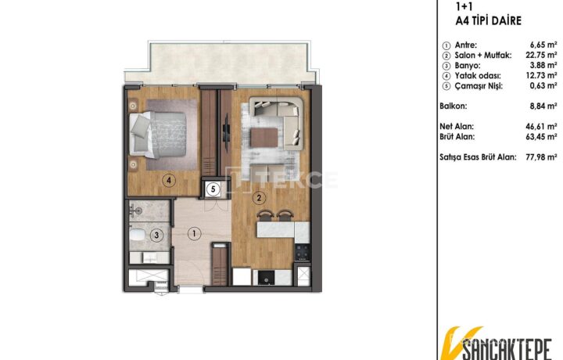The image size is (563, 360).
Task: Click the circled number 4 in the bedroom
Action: tap(169, 180)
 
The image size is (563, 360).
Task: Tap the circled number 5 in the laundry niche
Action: tap(213, 189)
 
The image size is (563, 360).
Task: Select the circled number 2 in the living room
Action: tap(259, 197)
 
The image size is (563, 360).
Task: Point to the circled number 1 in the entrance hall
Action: tap(194, 234)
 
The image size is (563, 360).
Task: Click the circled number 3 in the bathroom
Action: tap(156, 236)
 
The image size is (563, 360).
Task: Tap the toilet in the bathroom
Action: tap(136, 234)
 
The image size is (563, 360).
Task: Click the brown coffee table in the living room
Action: tap(264, 138)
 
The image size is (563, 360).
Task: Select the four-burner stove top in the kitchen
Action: tap(302, 252)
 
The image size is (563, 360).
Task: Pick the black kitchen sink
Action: tap(267, 277)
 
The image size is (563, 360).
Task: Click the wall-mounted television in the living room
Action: tap(226, 133)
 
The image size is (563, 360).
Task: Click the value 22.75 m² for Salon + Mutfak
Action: tap(541, 55)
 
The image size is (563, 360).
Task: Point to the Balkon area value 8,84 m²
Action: tap(543, 106)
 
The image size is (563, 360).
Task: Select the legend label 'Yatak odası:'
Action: tap(478, 76)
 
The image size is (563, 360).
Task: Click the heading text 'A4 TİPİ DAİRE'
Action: tap(488, 21)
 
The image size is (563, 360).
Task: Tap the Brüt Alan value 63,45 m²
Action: tap(541, 137)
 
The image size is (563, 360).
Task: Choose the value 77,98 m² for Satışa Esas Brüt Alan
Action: tap(541, 157)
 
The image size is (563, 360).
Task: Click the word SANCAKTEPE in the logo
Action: tap(506, 348)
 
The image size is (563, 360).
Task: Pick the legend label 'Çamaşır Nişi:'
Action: tap(479, 86)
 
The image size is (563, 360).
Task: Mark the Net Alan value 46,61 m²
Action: tap(541, 127)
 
